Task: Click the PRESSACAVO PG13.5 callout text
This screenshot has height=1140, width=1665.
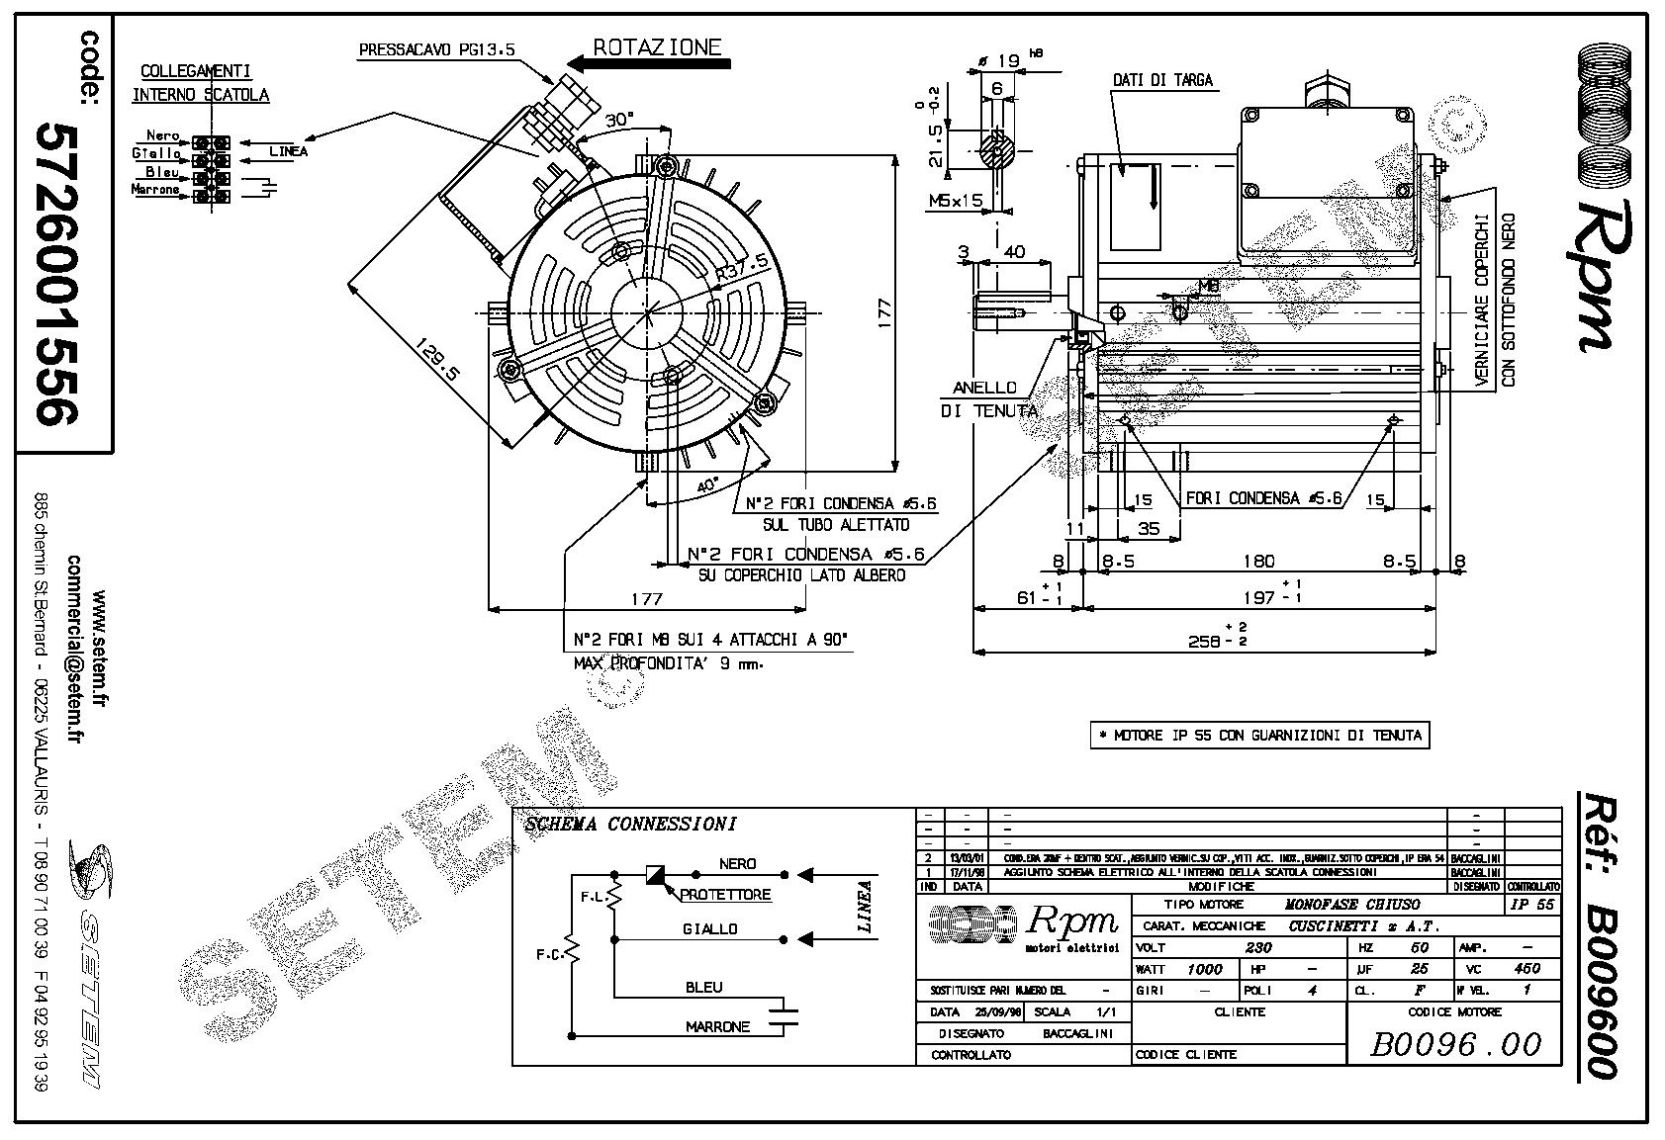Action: click(436, 48)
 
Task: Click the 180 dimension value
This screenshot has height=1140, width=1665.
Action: click(1258, 561)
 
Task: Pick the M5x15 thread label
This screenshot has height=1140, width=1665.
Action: click(955, 201)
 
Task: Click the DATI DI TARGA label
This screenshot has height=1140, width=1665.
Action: click(1162, 80)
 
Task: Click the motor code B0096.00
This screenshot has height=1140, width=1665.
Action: click(1454, 1044)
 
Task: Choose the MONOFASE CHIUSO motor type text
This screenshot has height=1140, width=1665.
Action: click(1351, 904)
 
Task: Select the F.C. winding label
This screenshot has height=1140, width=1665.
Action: click(549, 955)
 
